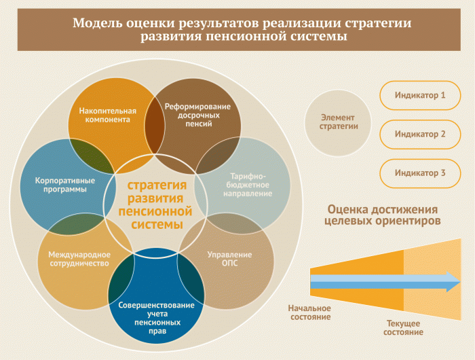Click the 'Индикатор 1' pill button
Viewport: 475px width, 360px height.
tap(420, 96)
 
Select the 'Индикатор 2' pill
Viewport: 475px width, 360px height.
tap(420, 134)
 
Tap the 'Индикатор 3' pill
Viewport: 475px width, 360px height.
tap(420, 173)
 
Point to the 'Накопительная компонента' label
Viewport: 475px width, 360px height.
tap(107, 115)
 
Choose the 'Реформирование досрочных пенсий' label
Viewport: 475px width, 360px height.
tap(197, 115)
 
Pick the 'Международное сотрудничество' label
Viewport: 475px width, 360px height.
tap(78, 259)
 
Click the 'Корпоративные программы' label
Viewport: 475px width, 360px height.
tap(61, 185)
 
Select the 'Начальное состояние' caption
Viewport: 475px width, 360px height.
tap(310, 312)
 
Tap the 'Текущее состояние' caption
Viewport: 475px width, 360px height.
tap(403, 327)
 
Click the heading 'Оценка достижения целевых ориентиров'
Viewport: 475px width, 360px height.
tap(383, 215)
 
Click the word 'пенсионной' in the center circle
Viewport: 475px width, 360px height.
tap(155, 211)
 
